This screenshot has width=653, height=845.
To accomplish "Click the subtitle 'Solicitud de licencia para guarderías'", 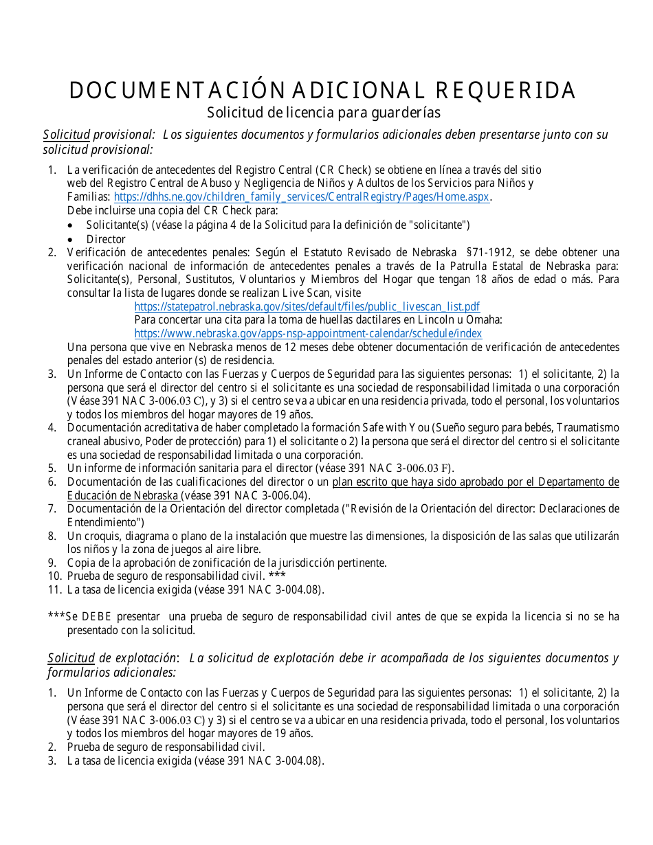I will point(323,112).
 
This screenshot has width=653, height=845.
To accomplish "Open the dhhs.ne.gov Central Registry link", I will point(301,197).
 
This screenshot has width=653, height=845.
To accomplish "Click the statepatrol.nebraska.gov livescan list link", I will point(307,306).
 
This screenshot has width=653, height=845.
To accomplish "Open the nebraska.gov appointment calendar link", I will point(308,333).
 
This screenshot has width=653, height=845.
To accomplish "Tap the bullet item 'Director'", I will point(106,239).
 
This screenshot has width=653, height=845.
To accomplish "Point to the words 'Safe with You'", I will point(389,428).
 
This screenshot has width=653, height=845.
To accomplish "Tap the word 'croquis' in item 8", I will point(102,536).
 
